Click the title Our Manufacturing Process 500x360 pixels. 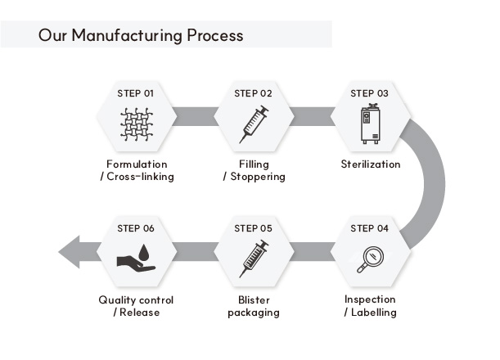[x=141, y=35]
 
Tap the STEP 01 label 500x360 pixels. [x=136, y=93]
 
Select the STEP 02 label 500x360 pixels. [x=253, y=93]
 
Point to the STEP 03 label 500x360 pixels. [x=369, y=93]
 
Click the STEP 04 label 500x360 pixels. [x=369, y=228]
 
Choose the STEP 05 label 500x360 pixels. [x=253, y=228]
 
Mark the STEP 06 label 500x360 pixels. [x=136, y=228]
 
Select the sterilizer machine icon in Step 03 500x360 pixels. [x=370, y=124]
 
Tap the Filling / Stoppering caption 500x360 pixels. [x=254, y=170]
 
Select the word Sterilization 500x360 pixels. [x=370, y=164]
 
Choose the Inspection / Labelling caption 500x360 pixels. [x=370, y=306]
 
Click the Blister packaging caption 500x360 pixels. [x=254, y=306]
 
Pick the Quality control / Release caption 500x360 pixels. [x=136, y=306]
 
